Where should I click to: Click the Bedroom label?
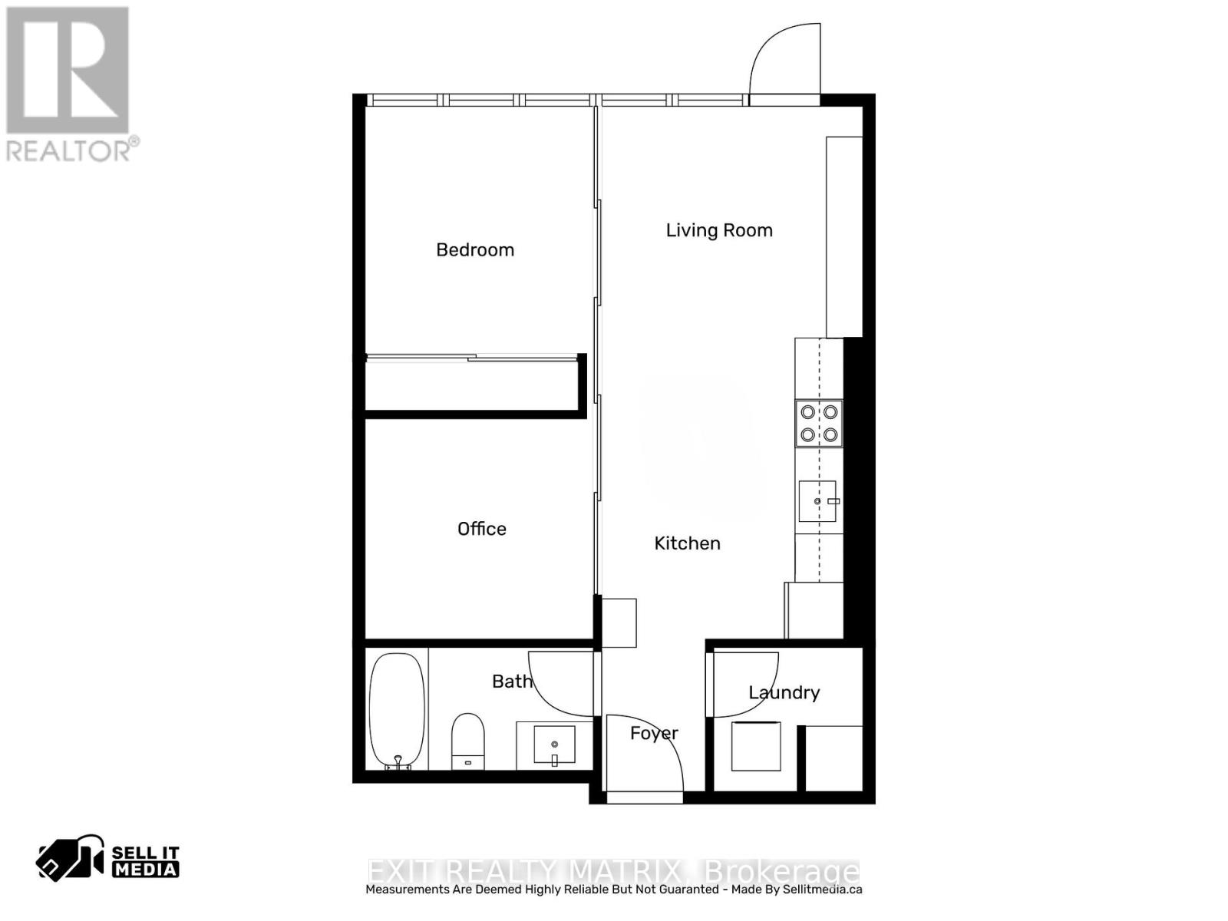[475, 249]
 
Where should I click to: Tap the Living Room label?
[719, 230]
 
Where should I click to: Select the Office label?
[482, 529]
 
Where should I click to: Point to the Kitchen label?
[687, 543]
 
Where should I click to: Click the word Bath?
[512, 681]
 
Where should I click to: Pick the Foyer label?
[654, 734]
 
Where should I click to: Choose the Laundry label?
[784, 692]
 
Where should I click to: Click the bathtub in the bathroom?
[397, 710]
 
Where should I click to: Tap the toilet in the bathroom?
[467, 741]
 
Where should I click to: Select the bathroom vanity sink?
[554, 744]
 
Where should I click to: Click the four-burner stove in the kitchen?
[818, 423]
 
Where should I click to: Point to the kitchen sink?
[818, 501]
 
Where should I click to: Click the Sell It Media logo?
[108, 860]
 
